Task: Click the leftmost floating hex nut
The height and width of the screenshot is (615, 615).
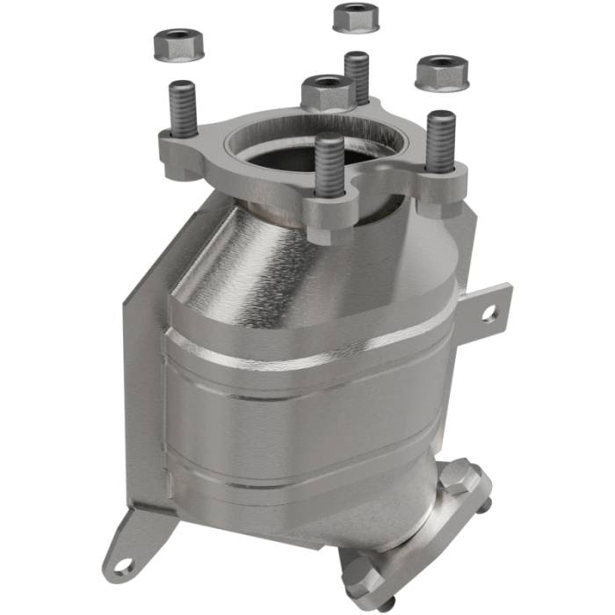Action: coord(178,45)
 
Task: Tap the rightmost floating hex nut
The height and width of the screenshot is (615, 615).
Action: coord(441,72)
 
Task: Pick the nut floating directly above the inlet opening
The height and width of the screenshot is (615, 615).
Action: coord(327,91)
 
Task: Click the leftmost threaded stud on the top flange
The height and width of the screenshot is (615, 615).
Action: coord(183,109)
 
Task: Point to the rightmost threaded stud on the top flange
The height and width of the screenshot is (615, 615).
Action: coord(440,141)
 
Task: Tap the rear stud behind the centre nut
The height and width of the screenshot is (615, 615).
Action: coord(357,76)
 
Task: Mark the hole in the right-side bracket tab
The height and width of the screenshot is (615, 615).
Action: coord(488,311)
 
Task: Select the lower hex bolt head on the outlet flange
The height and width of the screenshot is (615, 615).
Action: coord(359,575)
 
